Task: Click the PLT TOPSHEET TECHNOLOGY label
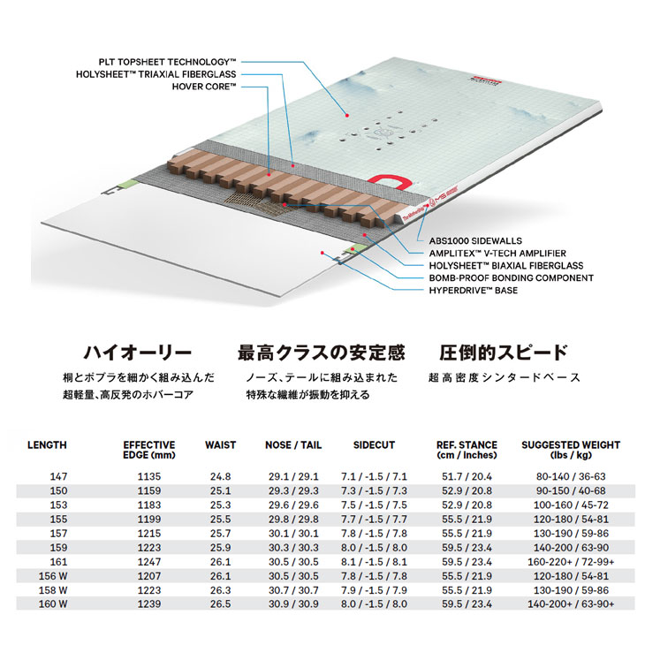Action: tap(167, 62)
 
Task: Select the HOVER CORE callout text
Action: tap(204, 87)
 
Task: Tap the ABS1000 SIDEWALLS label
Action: tap(475, 241)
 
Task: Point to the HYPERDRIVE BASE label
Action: tap(474, 291)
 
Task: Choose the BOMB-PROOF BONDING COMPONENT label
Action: tap(512, 278)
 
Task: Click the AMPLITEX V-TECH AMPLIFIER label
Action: tap(497, 254)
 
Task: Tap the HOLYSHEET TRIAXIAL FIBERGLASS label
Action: tap(156, 74)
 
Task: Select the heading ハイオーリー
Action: tap(138, 353)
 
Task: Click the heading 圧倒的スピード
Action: tap(504, 353)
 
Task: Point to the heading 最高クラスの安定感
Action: tap(322, 353)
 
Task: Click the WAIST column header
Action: tap(221, 445)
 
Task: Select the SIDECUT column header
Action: tap(374, 445)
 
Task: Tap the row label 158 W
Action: tap(53, 590)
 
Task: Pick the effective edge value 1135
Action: tap(149, 477)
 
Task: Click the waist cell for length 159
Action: tap(221, 548)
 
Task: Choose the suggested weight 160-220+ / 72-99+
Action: tap(571, 562)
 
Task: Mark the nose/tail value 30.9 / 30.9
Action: tap(293, 604)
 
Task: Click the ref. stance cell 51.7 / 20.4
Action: tap(467, 477)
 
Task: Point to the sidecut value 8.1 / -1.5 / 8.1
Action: tap(374, 562)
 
